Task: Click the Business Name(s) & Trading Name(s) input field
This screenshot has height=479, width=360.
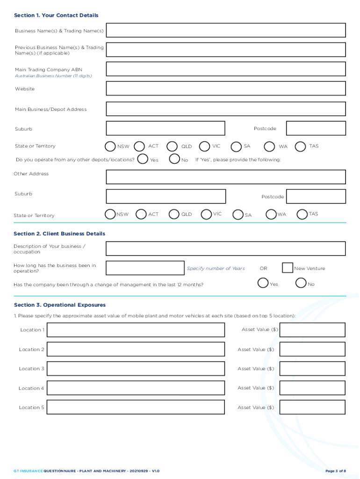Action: click(226, 30)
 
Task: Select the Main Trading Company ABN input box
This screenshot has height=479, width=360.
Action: click(226, 69)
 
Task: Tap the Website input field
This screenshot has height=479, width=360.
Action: click(226, 88)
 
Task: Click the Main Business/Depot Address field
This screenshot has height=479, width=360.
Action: click(226, 109)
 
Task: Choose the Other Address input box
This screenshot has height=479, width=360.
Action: click(226, 177)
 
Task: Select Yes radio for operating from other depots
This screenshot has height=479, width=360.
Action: click(143, 160)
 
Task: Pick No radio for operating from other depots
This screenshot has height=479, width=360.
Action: click(174, 160)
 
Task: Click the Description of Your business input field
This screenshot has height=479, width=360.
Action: click(226, 248)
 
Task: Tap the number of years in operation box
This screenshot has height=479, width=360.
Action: click(145, 268)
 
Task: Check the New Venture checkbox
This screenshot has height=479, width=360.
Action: click(288, 268)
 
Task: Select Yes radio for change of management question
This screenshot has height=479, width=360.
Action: click(263, 283)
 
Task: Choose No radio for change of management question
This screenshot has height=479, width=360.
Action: click(301, 283)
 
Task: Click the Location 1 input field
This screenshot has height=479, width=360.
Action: click(136, 330)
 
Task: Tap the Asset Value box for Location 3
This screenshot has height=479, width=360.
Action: click(312, 369)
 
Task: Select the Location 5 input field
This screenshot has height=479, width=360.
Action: click(136, 407)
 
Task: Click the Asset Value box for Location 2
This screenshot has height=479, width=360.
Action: click(312, 349)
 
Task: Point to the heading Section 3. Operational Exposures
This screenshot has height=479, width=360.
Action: click(60, 305)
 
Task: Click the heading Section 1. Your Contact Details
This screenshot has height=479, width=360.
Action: click(56, 15)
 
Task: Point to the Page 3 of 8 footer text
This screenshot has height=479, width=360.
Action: click(336, 471)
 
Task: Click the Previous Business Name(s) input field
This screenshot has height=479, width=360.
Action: click(226, 50)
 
